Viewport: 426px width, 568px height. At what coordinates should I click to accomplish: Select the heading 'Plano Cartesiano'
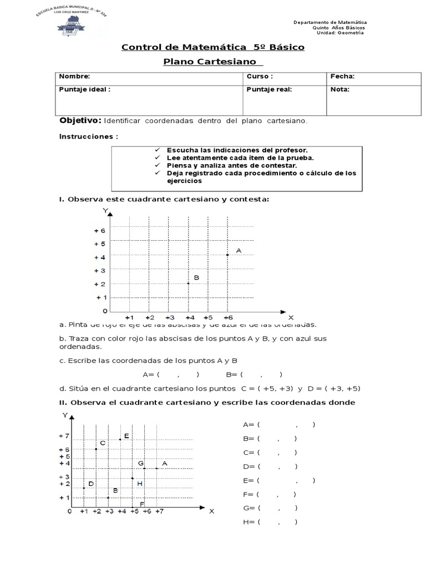213,62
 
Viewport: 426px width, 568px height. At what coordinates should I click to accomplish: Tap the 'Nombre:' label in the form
74,77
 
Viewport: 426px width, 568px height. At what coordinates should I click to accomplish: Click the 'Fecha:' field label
342,77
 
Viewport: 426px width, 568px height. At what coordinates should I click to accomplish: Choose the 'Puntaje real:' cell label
269,89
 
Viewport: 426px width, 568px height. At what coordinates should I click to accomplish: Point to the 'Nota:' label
339,89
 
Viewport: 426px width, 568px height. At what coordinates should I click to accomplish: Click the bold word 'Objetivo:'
80,120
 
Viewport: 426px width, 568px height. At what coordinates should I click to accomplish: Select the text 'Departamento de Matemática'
329,22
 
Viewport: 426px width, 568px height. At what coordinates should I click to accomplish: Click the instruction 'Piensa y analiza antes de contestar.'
232,165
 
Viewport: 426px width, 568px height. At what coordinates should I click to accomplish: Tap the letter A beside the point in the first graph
239,251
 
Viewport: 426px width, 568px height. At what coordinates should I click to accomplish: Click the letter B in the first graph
196,277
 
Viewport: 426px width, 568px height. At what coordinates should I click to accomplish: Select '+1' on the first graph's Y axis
102,297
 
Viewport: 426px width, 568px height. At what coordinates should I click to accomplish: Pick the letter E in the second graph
126,436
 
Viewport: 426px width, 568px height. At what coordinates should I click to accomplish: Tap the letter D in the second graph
91,484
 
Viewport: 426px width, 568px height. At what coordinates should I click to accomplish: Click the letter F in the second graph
142,504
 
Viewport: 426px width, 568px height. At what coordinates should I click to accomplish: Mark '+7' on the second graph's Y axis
64,437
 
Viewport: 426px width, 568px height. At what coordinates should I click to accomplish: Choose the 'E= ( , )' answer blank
279,480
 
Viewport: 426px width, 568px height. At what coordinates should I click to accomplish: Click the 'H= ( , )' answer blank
270,522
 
